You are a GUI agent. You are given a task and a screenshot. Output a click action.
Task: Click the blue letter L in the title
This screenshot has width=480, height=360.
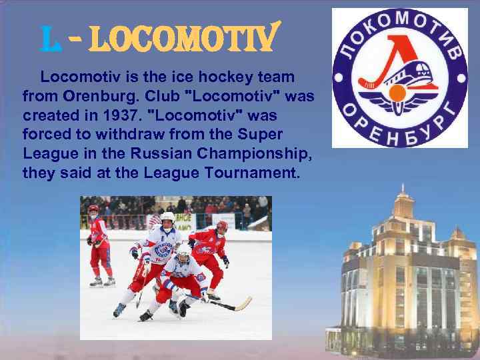point(49,42)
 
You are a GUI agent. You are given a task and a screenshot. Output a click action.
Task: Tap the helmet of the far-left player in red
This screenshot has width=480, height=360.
point(93,209)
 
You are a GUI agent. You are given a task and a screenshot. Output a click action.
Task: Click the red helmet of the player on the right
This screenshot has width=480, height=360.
point(221,226)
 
